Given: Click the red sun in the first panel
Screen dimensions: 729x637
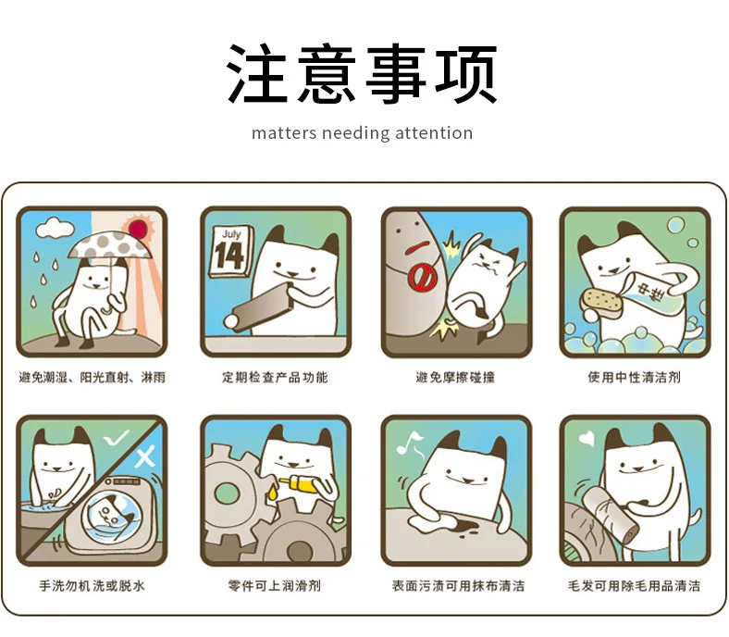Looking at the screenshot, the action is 138,229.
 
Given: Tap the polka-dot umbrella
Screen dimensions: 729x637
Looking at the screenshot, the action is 111,246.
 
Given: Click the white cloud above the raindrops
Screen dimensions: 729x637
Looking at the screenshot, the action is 55,228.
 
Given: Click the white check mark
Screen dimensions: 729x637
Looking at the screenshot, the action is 116,438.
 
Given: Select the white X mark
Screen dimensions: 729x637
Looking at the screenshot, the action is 144,456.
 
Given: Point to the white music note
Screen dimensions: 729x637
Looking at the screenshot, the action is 410,443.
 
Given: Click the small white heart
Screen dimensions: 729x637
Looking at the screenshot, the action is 587,438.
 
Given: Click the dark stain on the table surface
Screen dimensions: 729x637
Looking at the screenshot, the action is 465,527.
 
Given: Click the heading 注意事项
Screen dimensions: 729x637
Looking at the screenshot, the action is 362,73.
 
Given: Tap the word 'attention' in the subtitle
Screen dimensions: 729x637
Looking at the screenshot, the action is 434,133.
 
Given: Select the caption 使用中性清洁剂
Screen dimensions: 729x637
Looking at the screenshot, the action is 635,377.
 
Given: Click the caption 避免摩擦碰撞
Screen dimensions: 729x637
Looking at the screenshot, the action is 455,377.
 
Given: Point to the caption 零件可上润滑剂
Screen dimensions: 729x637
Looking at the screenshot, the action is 275,585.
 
